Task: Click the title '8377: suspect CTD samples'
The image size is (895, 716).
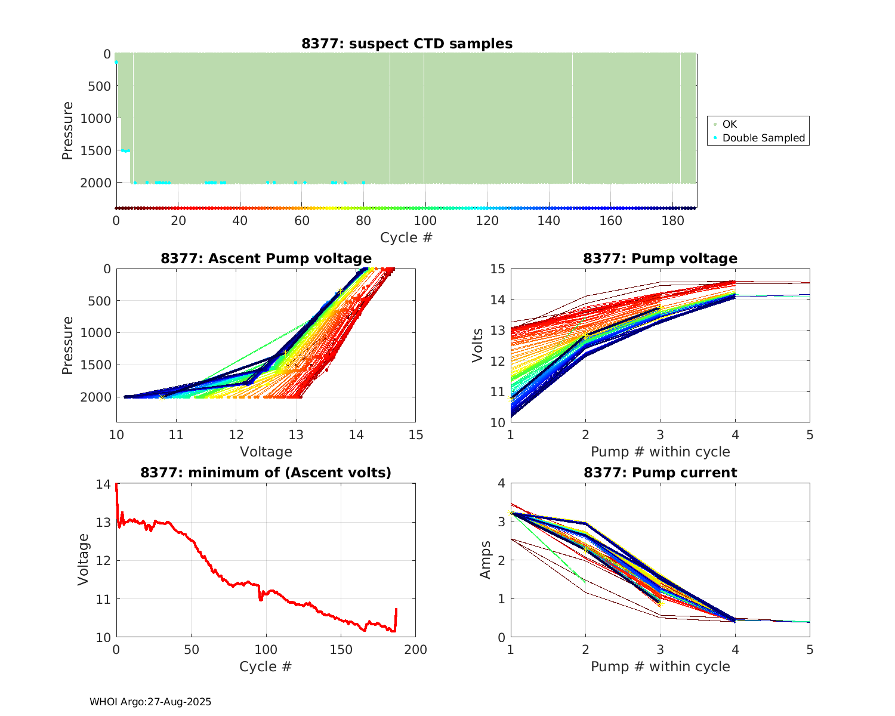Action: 406,44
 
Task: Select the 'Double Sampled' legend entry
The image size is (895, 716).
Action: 763,138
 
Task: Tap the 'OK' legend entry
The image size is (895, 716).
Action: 729,124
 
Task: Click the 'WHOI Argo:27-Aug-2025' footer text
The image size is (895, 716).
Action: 150,702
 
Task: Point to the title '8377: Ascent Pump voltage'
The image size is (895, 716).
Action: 266,258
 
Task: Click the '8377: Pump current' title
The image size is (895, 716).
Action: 660,473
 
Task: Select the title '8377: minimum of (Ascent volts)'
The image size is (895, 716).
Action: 266,473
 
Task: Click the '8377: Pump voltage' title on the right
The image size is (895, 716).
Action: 660,258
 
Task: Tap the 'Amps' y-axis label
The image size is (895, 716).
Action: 486,560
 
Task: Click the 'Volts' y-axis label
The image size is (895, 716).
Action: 477,345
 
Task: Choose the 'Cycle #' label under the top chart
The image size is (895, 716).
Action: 406,237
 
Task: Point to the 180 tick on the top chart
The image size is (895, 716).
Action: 672,221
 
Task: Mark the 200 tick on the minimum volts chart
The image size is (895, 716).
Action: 415,650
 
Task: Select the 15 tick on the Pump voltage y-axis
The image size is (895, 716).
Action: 497,269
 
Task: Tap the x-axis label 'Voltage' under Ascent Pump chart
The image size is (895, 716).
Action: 266,452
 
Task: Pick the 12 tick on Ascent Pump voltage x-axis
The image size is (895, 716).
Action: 236,435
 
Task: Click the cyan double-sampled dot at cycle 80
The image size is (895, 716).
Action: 363,183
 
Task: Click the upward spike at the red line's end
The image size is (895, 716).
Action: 396,610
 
